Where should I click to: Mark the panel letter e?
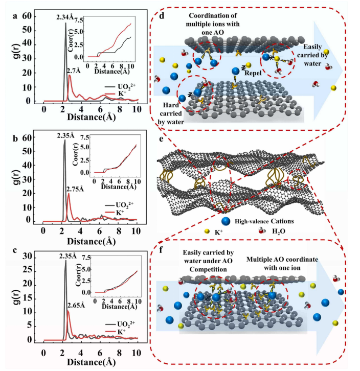pyautogui.click(x=162, y=138)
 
